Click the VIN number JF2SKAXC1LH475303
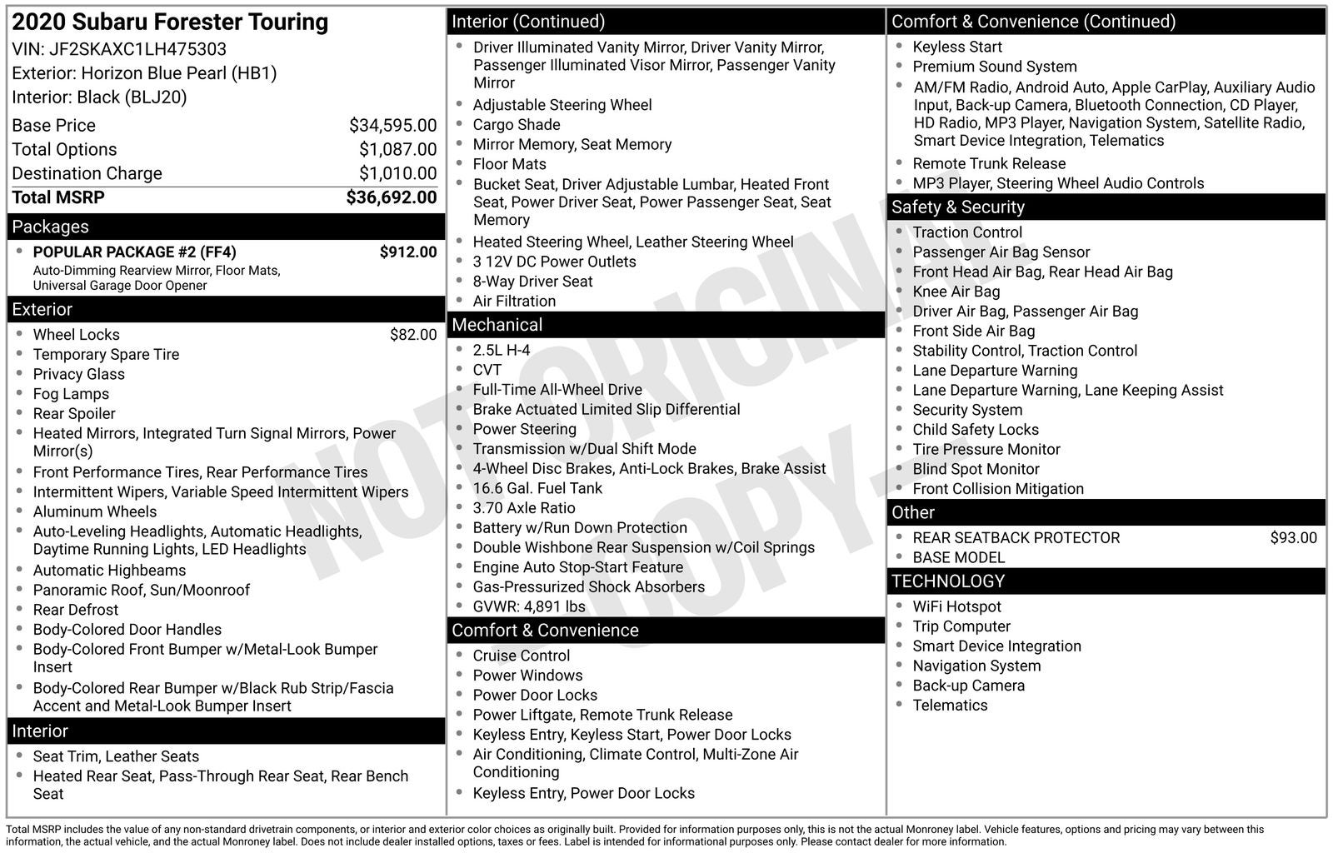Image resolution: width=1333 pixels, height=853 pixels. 137,49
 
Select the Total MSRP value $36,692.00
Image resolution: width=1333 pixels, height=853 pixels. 391,197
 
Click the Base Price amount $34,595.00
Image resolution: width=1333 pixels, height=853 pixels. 392,125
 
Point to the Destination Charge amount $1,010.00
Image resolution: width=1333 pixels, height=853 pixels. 397,173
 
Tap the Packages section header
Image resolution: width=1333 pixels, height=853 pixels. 50,227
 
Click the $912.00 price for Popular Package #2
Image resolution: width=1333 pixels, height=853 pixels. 407,252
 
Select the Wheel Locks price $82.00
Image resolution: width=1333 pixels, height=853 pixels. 412,334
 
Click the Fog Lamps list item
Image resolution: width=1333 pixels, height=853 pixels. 71,394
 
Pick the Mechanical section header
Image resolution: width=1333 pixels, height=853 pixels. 497,325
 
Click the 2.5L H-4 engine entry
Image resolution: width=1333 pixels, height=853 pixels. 502,350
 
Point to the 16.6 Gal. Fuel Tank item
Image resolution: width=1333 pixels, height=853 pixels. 537,488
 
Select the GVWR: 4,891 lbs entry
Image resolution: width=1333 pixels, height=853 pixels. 529,606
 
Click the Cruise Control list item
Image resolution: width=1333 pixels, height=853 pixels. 522,656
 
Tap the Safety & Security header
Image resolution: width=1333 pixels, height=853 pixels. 958,207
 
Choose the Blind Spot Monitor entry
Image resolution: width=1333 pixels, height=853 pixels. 976,469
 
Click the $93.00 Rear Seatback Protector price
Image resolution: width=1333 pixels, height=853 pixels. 1293,537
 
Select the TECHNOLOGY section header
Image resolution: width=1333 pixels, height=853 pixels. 948,581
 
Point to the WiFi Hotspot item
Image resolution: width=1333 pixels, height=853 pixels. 956,606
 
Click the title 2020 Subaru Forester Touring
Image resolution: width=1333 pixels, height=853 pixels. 170,22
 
